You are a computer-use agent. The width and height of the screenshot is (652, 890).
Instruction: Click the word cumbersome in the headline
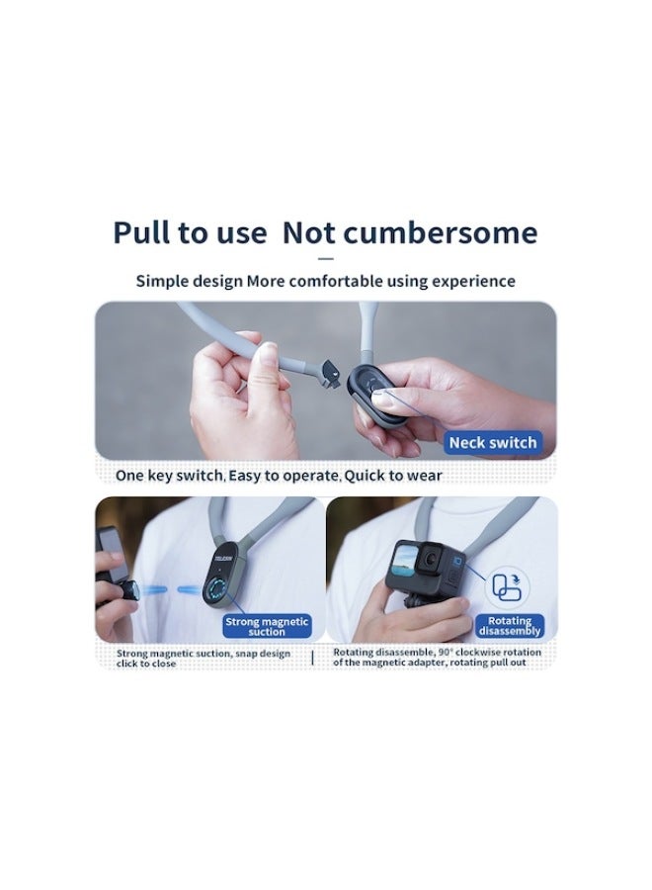pos(440,232)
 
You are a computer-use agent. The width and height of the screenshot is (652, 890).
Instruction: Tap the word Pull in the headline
pos(140,232)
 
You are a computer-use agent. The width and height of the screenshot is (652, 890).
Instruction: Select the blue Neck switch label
pos(493,442)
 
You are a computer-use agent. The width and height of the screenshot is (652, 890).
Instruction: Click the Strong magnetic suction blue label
pos(267,626)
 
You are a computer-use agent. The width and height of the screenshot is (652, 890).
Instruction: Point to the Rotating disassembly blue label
pos(510,626)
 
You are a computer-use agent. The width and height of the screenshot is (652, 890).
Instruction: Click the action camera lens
pos(431,558)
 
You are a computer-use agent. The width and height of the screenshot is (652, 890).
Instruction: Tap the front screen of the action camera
pos(403,559)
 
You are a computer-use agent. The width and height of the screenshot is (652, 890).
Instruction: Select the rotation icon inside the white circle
pos(507,586)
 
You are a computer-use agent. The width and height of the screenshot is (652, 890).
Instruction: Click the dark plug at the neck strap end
pos(331,374)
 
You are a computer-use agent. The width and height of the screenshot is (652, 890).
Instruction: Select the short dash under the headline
pos(325,259)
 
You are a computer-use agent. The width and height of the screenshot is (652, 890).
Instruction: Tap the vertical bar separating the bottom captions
pos(312,658)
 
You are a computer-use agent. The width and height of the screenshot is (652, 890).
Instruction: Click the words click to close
pos(146,664)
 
